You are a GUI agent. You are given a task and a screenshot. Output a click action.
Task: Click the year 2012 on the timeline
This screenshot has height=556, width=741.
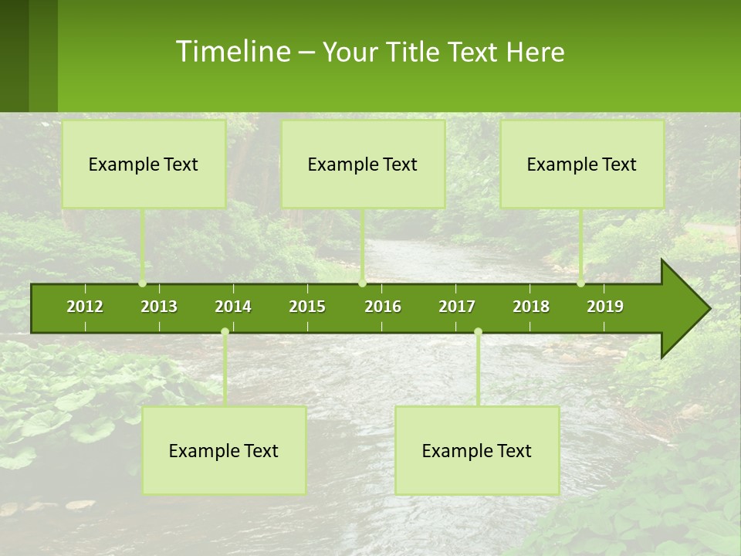click(x=85, y=307)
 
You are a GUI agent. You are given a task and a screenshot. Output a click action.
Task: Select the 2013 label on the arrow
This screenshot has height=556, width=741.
click(x=159, y=307)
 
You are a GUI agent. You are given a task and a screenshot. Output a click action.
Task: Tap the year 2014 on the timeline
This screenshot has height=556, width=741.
click(x=233, y=307)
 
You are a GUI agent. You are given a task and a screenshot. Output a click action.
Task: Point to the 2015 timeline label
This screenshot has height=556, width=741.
click(x=307, y=307)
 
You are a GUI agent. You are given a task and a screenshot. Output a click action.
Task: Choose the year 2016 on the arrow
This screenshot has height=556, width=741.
click(x=383, y=307)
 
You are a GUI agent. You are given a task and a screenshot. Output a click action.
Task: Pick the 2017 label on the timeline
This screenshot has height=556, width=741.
click(x=457, y=307)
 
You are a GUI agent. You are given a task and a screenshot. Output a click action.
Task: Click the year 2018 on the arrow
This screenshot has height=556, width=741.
click(x=531, y=307)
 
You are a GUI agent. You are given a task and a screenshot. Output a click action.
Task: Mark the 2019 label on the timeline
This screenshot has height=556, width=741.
click(x=605, y=307)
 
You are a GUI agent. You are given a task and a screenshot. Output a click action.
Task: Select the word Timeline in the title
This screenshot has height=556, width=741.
click(x=232, y=52)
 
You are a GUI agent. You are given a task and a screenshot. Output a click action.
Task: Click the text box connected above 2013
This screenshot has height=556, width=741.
click(x=144, y=164)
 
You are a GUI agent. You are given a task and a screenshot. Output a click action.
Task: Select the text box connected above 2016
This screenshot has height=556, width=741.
click(x=363, y=164)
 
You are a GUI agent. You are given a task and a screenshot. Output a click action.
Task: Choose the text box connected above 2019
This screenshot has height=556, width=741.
click(x=582, y=164)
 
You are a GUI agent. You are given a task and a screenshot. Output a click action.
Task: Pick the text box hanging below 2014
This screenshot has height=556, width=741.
click(x=224, y=450)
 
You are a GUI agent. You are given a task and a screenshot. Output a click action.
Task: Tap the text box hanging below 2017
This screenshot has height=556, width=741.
click(x=477, y=450)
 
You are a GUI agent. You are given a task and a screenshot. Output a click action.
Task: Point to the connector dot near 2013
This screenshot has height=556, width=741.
click(x=143, y=283)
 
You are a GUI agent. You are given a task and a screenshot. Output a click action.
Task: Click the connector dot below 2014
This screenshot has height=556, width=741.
click(x=225, y=332)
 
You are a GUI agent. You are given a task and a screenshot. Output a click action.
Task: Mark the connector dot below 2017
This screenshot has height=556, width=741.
click(x=478, y=332)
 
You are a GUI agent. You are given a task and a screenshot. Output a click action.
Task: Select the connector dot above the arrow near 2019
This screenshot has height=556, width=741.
click(x=581, y=283)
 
